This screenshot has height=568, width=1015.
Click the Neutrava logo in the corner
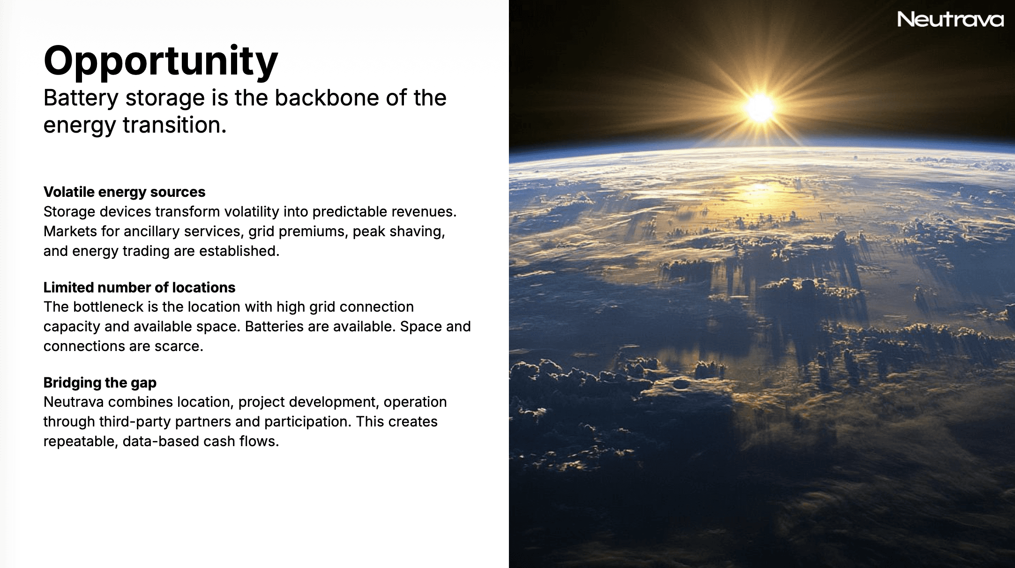pos(951,19)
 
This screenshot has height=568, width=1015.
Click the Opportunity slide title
pos(161,61)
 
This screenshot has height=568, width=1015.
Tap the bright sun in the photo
pos(760,108)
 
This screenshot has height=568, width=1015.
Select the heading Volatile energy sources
pos(124,192)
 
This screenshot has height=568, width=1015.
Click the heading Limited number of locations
pos(139,287)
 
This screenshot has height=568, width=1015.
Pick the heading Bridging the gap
pos(100,383)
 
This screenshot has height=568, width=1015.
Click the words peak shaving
pos(399,232)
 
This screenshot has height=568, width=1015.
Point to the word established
pos(239,251)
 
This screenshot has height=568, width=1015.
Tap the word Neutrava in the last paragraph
pos(74,402)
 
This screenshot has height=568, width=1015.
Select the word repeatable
pos(80,441)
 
